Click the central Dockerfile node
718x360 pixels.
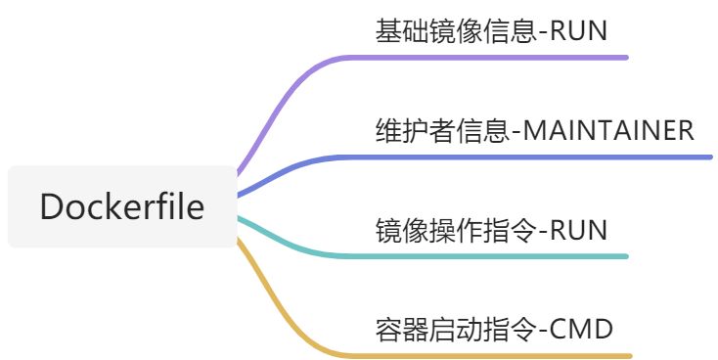122,207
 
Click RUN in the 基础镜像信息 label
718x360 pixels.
579,30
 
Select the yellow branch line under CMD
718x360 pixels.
489,355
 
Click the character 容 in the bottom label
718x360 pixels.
386,329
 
